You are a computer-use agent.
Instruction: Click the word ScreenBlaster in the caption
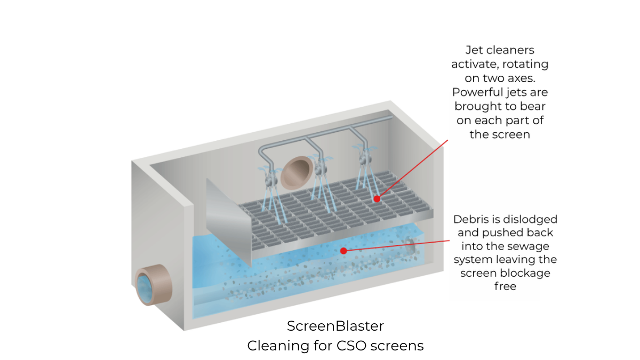click(x=335, y=326)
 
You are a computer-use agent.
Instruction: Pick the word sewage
click(x=531, y=246)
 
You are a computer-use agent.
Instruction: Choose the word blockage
click(x=525, y=273)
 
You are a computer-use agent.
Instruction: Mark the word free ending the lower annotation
click(x=505, y=286)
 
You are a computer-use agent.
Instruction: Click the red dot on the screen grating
click(x=377, y=199)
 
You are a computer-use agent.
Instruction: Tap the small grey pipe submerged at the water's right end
click(x=411, y=247)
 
